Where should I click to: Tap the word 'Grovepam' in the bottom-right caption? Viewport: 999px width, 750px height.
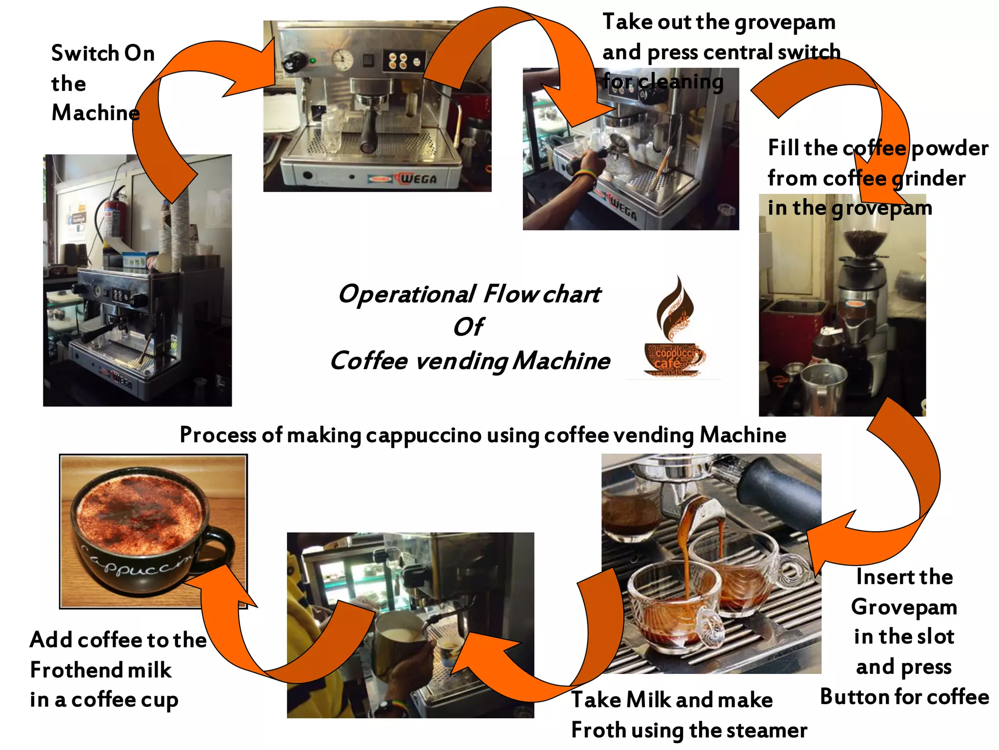[x=904, y=607]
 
